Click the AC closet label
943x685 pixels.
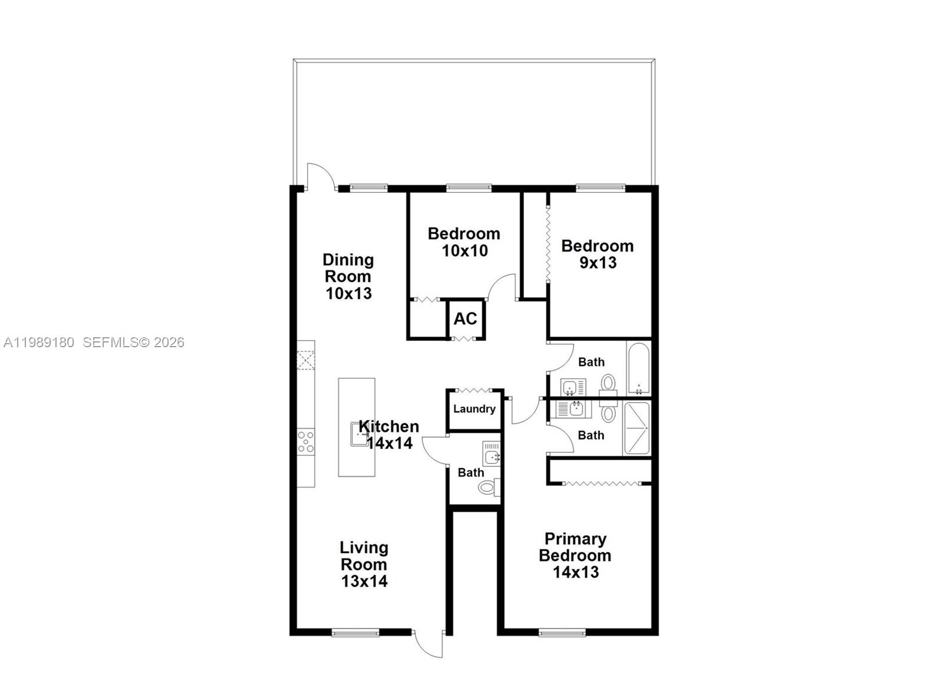point(465,319)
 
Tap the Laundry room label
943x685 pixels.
point(474,409)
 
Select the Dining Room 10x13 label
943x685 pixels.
point(348,276)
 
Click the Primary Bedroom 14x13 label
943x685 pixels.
point(575,555)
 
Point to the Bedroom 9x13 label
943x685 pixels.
point(597,254)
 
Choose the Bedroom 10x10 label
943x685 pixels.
point(464,242)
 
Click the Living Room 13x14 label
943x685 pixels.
point(364,564)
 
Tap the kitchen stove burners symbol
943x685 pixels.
point(306,441)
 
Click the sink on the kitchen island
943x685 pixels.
point(360,434)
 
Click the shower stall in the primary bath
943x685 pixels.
point(637,428)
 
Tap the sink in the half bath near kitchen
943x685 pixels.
point(491,455)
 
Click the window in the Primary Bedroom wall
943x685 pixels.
point(562,633)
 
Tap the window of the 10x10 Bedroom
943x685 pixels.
point(469,188)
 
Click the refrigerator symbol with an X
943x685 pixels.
point(306,360)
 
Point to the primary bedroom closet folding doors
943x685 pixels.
point(601,483)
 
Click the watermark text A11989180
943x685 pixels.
point(39,342)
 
